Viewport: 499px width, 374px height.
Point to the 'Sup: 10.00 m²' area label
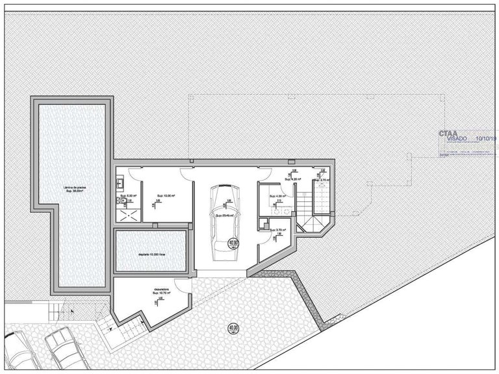pos(153,195)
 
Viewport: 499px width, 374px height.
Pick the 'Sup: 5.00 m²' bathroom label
pos(126,195)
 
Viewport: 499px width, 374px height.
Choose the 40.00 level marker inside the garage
pos(234,243)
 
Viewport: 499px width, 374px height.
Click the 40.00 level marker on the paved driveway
pos(233,329)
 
